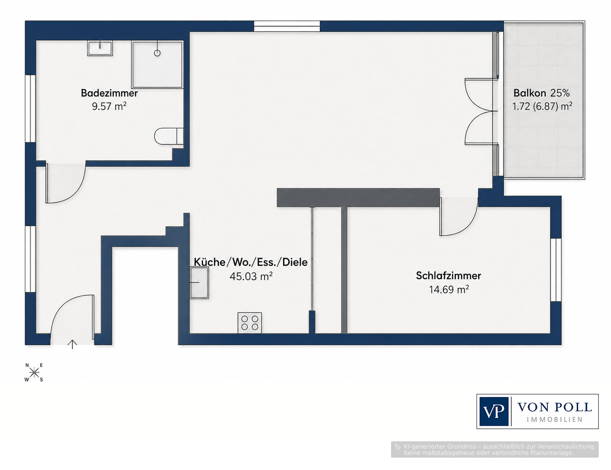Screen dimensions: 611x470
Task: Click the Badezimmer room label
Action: click(109, 93)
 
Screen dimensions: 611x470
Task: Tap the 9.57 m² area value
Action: click(109, 106)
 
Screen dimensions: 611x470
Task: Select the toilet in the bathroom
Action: click(169, 137)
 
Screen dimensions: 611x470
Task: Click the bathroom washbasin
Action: click(100, 49)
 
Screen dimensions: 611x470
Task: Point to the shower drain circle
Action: click(157, 53)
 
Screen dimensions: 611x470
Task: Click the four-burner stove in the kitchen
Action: click(250, 322)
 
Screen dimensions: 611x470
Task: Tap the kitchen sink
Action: click(199, 282)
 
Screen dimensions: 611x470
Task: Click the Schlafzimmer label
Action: click(448, 276)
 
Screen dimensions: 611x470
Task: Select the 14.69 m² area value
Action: click(449, 289)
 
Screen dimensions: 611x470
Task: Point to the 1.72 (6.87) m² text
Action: click(542, 106)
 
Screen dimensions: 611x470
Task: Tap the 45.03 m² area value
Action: click(251, 276)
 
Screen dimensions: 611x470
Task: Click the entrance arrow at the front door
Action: click(72, 344)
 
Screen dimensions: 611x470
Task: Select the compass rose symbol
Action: click(34, 373)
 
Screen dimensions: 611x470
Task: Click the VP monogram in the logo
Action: click(494, 411)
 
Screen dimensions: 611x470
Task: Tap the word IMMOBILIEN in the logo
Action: click(555, 419)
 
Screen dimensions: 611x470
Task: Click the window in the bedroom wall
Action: click(556, 270)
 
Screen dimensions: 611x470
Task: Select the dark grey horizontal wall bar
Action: click(358, 197)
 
